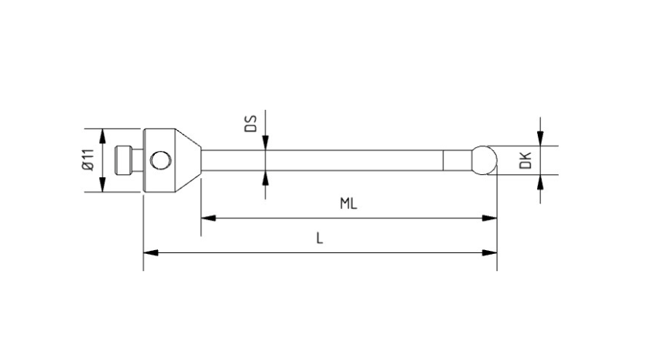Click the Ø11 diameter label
88,160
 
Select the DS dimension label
251,123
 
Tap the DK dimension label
525,160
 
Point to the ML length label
348,204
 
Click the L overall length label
320,238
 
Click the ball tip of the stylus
484,160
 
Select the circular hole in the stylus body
160,160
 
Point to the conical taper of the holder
188,160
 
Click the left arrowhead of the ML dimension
208,218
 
